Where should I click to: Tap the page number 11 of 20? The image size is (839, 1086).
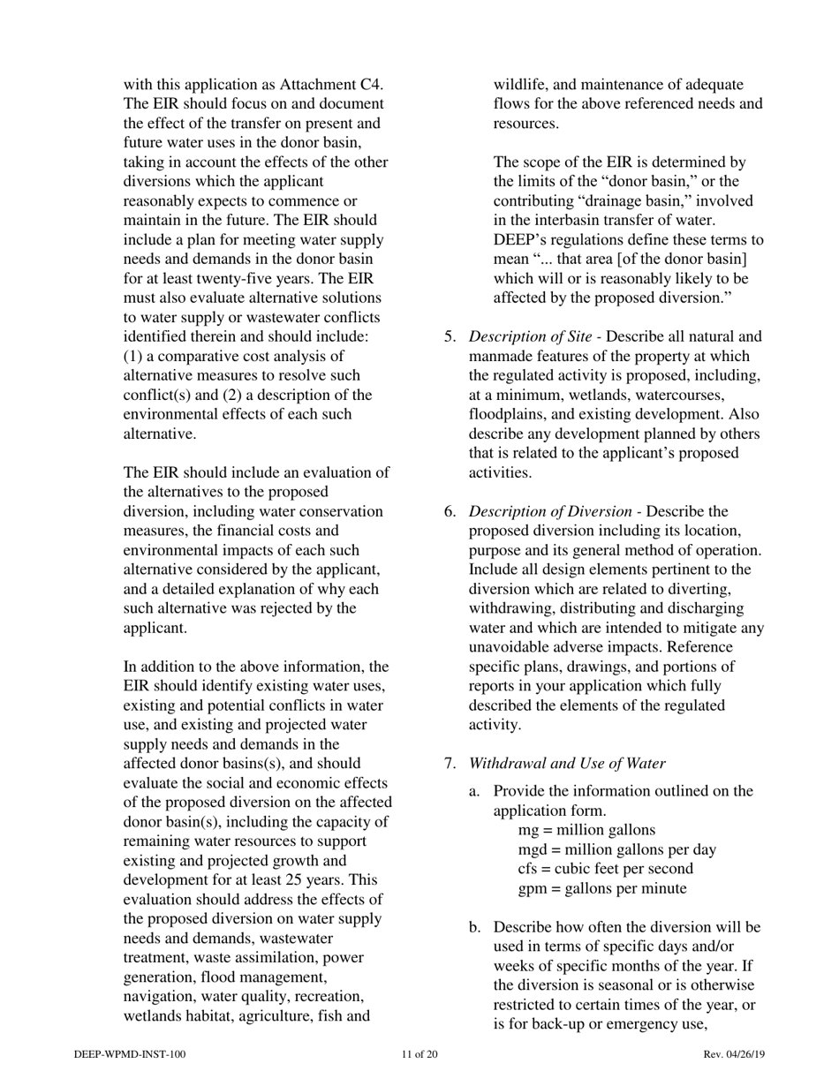click(419, 1054)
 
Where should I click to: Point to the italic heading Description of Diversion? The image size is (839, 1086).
click(549, 511)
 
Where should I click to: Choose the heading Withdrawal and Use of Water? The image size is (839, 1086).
click(567, 764)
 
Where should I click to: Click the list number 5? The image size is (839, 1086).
click(450, 336)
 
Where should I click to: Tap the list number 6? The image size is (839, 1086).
click(450, 511)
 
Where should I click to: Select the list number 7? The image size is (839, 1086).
click(450, 764)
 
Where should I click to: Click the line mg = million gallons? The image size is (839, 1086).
click(586, 830)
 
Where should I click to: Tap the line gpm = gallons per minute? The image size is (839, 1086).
click(601, 888)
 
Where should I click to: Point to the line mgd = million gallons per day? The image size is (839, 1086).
click(616, 849)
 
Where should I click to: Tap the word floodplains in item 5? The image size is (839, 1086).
click(508, 414)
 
